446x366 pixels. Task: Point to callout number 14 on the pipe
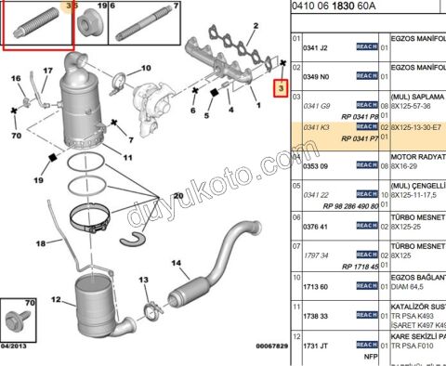175,264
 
